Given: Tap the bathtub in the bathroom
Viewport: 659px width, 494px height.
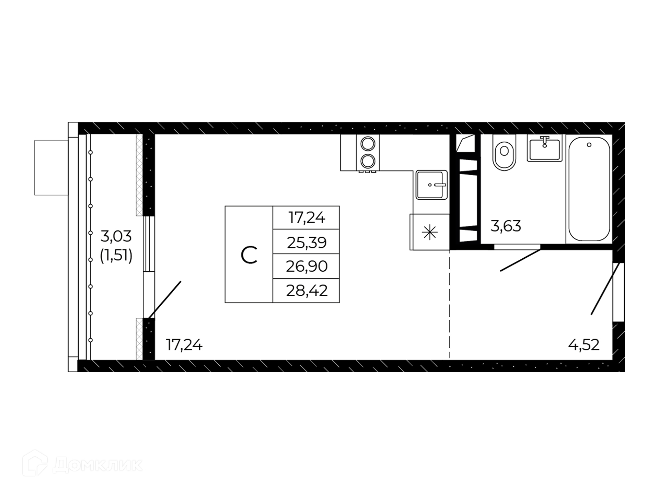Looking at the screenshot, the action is pyautogui.click(x=589, y=189).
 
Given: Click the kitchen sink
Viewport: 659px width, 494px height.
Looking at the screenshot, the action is pyautogui.click(x=432, y=185).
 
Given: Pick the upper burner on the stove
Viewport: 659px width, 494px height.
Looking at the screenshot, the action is pyautogui.click(x=368, y=144).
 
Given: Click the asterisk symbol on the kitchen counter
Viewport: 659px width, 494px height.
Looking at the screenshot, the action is pyautogui.click(x=429, y=233).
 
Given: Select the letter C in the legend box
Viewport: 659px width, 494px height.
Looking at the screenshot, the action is pyautogui.click(x=249, y=255).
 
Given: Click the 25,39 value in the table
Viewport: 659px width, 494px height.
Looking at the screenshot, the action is pyautogui.click(x=307, y=243).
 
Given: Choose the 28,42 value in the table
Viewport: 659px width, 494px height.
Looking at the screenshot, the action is pyautogui.click(x=307, y=291).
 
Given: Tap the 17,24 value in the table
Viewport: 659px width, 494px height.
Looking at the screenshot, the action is pyautogui.click(x=307, y=217).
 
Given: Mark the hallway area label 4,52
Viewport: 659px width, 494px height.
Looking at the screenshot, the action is pyautogui.click(x=584, y=345).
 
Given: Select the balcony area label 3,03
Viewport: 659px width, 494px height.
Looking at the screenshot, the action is pyautogui.click(x=116, y=236).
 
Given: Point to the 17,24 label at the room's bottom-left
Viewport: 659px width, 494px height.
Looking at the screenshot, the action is pyautogui.click(x=184, y=345).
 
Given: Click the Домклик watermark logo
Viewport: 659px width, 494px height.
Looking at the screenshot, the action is pyautogui.click(x=82, y=464).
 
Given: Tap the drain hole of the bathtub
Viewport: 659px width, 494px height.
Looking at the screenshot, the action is pyautogui.click(x=589, y=145).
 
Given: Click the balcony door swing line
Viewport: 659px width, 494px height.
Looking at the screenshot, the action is pyautogui.click(x=164, y=300).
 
